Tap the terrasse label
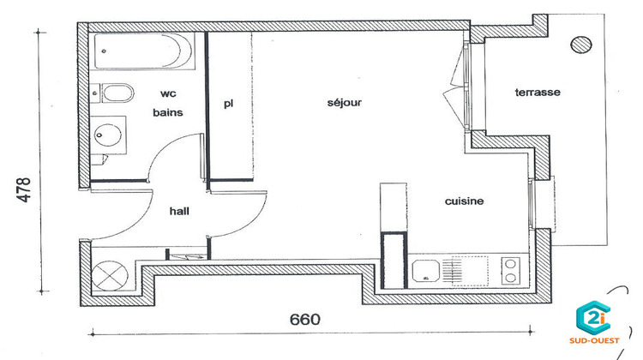click(x=538, y=93)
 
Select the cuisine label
click(x=464, y=201)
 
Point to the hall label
click(x=179, y=210)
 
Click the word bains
click(x=167, y=112)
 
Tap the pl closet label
click(x=228, y=104)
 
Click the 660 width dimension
click(x=304, y=320)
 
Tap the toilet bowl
click(x=115, y=92)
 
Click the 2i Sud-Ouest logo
click(x=599, y=324)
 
